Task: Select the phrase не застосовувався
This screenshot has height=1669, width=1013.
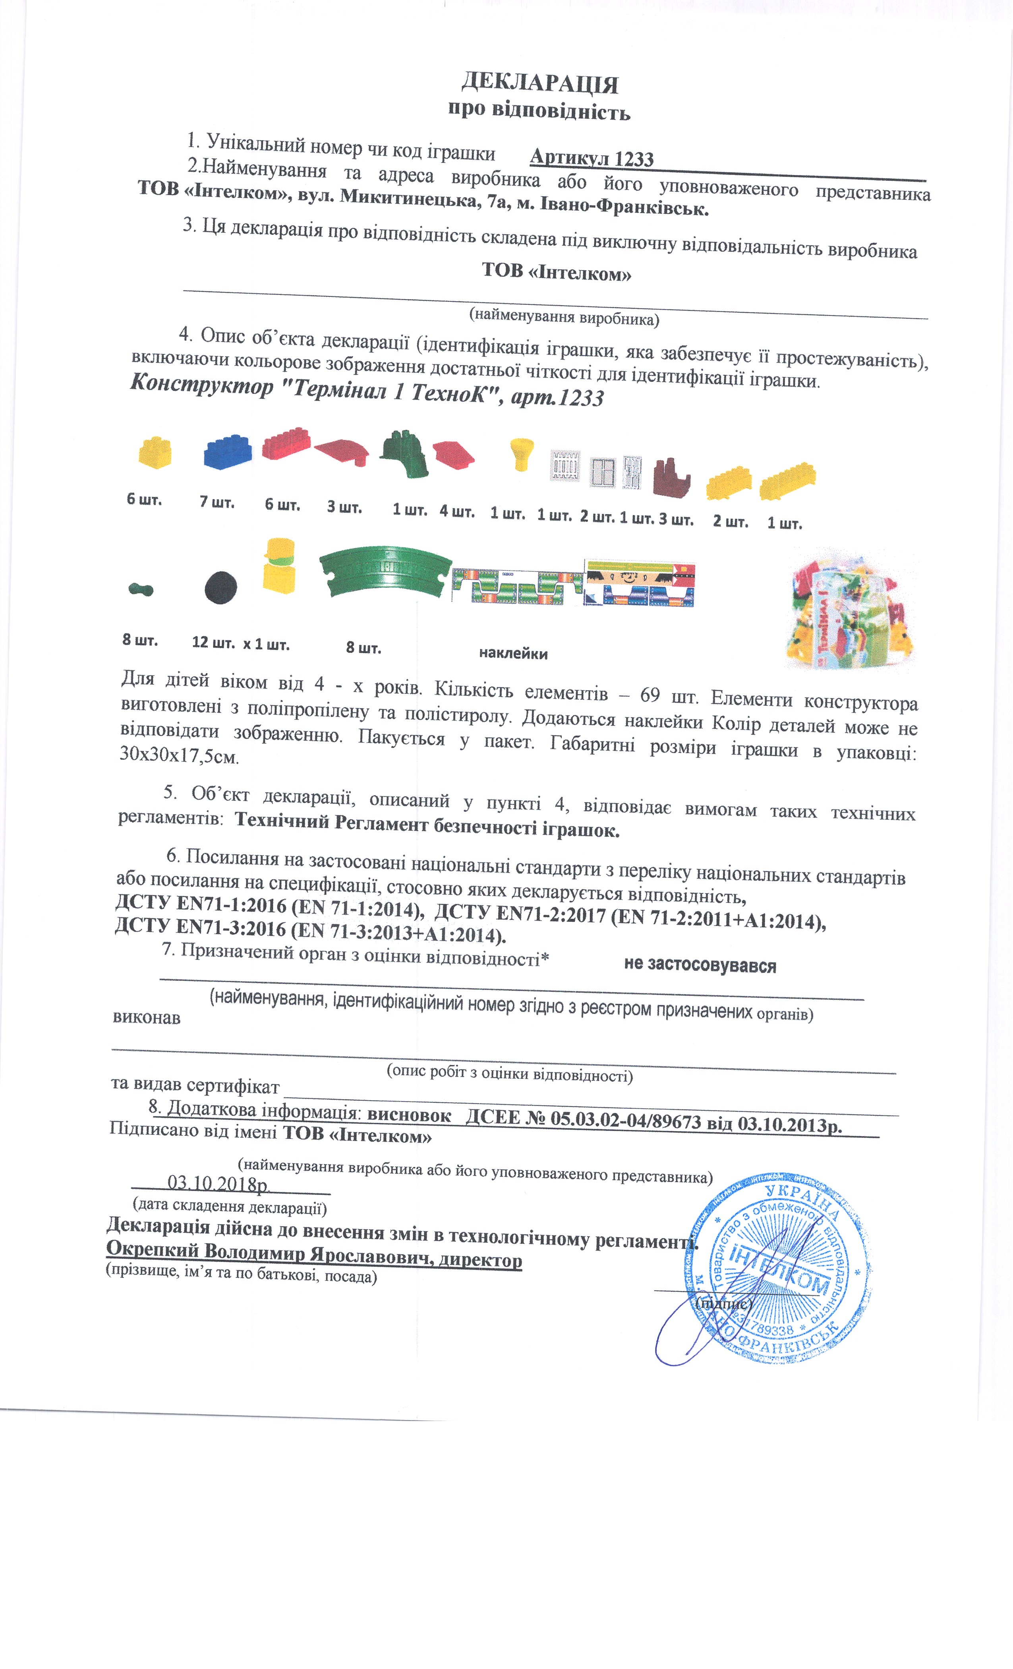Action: [700, 965]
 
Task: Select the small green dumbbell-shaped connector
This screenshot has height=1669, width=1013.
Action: [141, 589]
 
